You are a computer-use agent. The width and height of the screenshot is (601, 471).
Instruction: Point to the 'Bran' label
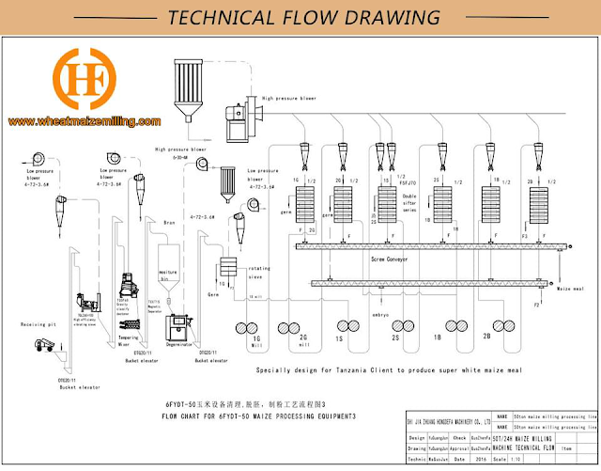pos(170,223)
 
